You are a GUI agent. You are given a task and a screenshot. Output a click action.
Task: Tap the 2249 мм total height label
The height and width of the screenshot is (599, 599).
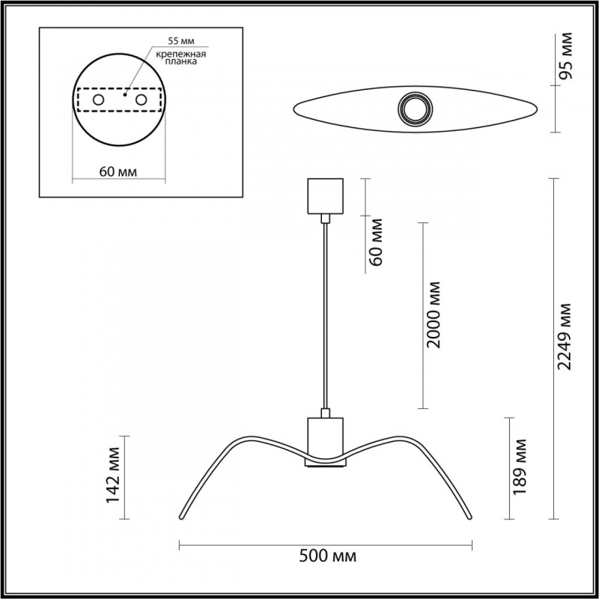point(567,336)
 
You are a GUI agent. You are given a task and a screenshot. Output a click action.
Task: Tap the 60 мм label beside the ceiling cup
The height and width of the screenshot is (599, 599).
point(377,241)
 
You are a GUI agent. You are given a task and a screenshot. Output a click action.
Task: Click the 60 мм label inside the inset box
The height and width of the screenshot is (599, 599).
point(118,171)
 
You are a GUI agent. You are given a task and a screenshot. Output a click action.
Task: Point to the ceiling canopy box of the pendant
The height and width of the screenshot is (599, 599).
point(325,195)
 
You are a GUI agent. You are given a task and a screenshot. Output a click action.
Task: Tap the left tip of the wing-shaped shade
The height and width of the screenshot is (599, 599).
point(180,517)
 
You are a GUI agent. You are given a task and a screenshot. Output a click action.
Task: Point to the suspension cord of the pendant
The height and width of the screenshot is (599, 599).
point(325,314)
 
